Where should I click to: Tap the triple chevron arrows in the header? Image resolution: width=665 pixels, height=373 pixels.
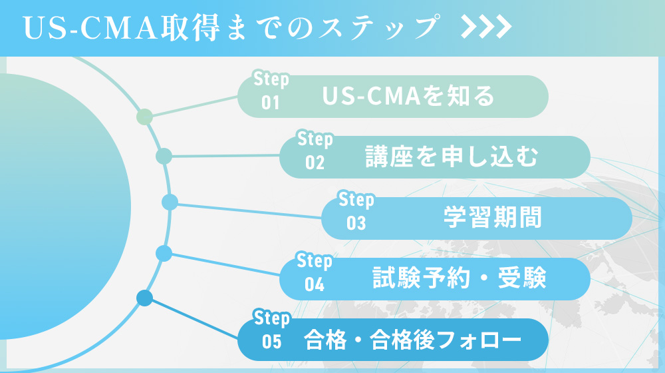[486, 27]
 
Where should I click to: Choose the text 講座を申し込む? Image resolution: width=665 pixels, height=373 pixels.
[452, 157]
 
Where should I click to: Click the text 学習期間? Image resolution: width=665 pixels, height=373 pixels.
[493, 218]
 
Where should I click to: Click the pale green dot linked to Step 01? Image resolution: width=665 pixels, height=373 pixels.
[144, 118]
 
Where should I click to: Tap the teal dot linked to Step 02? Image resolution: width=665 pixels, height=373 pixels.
[164, 157]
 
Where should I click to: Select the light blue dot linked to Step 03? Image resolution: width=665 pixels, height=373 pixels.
[170, 202]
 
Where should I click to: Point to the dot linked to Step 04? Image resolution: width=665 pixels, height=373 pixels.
[164, 253]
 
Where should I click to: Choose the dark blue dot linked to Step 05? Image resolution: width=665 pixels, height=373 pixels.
[144, 298]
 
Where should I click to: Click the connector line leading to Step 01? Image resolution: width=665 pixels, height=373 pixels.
[193, 106]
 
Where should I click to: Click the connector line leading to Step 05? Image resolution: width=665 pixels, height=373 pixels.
[193, 316]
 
